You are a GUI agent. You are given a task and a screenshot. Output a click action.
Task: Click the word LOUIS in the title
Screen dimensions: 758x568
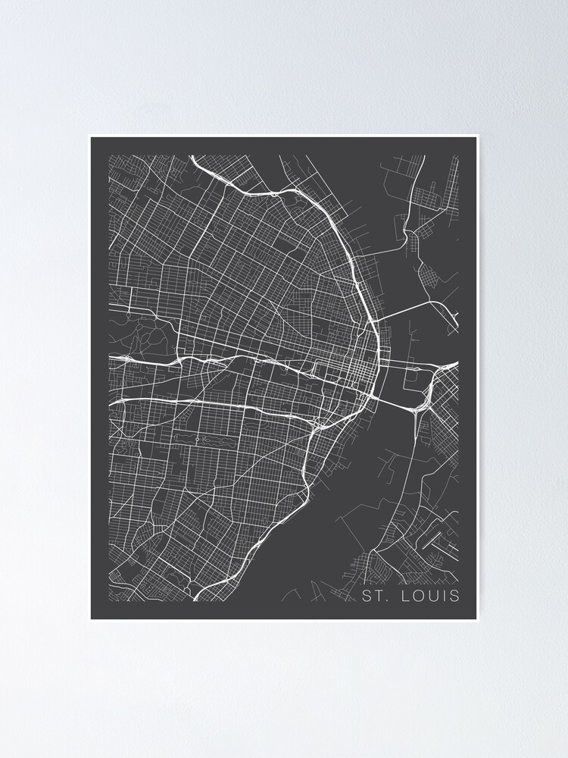[x=432, y=596]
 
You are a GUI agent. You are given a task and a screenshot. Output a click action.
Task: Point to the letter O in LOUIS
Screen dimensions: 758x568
[x=419, y=596]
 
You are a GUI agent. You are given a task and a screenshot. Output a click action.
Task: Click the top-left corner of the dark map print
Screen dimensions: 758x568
[x=91, y=137]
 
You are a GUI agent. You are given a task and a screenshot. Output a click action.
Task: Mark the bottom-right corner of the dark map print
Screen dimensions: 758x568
[x=478, y=619]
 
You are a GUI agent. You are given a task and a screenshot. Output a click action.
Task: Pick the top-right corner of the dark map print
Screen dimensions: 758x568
[x=478, y=137]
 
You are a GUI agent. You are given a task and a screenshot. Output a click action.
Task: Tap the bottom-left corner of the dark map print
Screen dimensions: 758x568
[x=91, y=619]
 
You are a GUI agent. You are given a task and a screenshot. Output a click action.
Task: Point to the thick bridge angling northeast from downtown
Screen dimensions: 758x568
[x=405, y=309]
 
